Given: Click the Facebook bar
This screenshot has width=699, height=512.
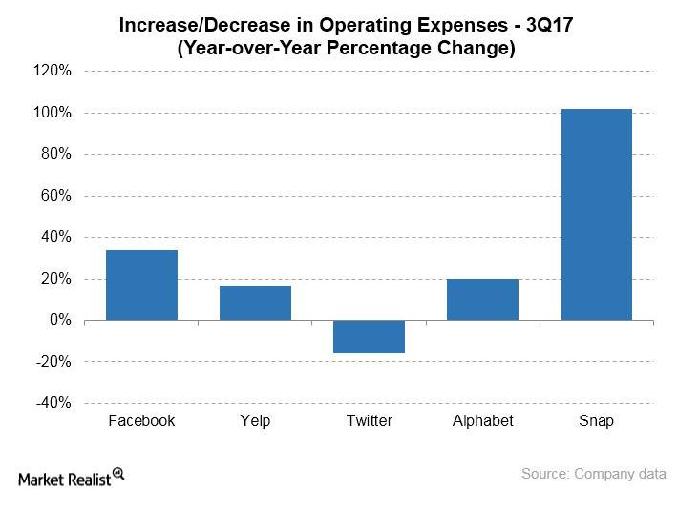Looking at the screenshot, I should [x=141, y=285].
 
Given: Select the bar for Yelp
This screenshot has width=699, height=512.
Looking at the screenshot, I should [x=255, y=303].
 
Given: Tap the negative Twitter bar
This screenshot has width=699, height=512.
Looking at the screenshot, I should [x=369, y=337].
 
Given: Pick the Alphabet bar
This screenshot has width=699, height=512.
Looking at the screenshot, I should [x=482, y=299].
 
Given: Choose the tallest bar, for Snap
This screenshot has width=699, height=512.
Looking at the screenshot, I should [x=596, y=214].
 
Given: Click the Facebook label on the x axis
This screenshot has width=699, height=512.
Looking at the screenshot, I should [x=141, y=421].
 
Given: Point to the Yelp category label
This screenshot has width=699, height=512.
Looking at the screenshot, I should [x=255, y=421].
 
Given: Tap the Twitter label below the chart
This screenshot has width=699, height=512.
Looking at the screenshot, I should [x=369, y=421].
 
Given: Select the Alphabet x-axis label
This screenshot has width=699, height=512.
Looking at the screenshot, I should [x=482, y=421].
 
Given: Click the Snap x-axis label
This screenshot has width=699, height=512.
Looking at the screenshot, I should [x=596, y=421].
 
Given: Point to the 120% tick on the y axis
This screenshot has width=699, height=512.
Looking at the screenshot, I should [x=53, y=71].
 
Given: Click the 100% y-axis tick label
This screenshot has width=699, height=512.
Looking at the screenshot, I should [x=53, y=113].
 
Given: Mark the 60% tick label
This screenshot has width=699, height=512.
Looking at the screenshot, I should [x=55, y=196].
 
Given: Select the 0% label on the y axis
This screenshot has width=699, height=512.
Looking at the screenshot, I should [x=59, y=320].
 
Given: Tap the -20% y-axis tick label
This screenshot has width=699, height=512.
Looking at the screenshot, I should [x=54, y=362].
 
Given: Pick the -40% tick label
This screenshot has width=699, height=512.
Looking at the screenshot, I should [x=54, y=403].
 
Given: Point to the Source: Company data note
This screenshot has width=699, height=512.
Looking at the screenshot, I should [x=593, y=474].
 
